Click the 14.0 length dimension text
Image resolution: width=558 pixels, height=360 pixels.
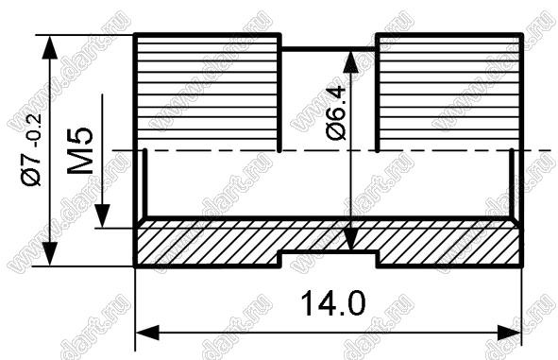332,303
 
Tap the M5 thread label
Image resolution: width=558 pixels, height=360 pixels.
80,150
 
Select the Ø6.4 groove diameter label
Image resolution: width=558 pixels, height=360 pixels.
335,112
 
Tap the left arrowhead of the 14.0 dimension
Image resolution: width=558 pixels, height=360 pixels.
147,333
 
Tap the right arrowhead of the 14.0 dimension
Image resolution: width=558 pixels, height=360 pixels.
509,333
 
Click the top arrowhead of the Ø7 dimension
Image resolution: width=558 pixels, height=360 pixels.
49,46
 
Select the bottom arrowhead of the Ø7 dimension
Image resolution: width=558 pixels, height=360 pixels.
49,253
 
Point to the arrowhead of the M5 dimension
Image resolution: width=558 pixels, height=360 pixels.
102,216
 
